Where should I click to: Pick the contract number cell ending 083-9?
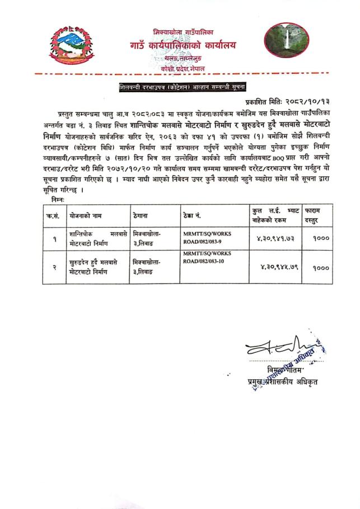click(x=207, y=237)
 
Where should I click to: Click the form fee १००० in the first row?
click(x=317, y=237)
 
